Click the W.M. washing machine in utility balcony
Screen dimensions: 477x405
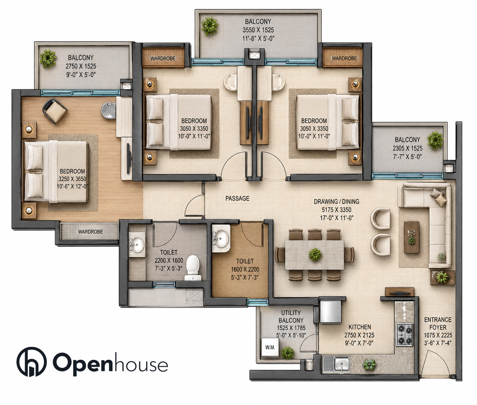[x=270, y=347]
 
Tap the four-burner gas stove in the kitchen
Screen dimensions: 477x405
[x=404, y=335]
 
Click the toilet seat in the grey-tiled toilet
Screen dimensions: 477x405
[x=192, y=267]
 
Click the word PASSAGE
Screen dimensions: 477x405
[x=237, y=198]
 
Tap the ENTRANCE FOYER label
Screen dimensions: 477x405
[x=438, y=324]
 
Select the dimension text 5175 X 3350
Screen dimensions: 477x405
[x=336, y=210]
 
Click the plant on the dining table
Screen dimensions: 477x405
[x=315, y=254]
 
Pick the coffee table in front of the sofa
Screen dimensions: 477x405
[x=412, y=237]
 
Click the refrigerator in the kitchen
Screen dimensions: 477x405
[x=330, y=311]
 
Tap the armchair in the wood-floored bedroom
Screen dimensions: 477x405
[x=55, y=111]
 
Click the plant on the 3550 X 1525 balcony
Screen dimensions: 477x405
[x=210, y=26]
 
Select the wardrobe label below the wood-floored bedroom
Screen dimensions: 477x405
[x=90, y=232]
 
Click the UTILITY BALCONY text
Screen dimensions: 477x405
[x=291, y=316]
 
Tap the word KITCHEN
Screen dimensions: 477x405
[x=360, y=327]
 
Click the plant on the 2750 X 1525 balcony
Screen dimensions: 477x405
[x=48, y=59]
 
